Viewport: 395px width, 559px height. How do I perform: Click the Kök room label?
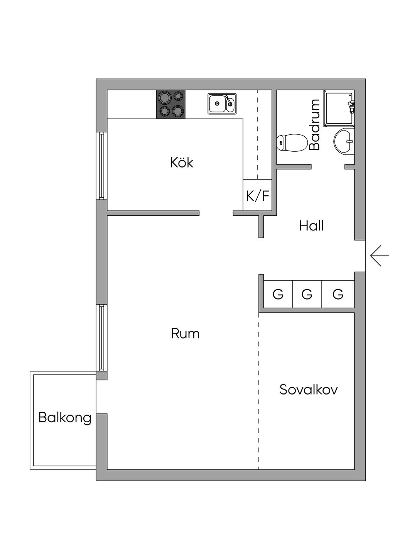[182, 163]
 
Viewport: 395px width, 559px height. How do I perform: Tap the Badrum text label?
[315, 125]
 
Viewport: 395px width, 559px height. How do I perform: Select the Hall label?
[311, 226]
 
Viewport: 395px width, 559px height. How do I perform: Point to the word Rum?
[185, 334]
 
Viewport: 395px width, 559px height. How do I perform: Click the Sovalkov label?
[308, 390]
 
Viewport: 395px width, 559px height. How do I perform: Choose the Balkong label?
[65, 418]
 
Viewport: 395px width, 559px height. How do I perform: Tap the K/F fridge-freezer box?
[258, 196]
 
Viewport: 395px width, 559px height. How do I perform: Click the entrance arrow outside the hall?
[376, 256]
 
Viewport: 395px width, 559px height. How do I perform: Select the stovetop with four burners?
[170, 104]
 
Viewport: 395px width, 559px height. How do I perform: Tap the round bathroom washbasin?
[344, 141]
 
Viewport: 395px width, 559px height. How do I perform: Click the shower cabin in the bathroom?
[339, 109]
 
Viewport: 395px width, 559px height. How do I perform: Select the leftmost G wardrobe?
[278, 294]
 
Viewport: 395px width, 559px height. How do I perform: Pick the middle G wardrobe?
[307, 294]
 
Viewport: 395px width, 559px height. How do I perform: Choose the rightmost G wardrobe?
[338, 294]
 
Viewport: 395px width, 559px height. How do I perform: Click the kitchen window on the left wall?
[101, 166]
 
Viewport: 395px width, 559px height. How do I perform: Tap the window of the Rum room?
[101, 337]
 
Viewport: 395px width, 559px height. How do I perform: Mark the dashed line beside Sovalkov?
[259, 390]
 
